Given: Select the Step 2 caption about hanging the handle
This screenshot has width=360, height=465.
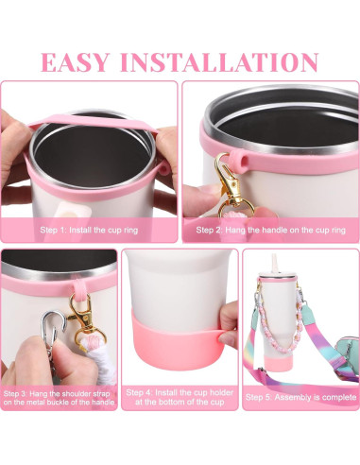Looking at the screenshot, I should [x=270, y=230].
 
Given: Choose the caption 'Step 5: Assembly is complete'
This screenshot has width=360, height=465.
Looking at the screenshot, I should [x=300, y=398].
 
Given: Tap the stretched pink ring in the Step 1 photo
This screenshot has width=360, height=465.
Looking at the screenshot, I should [x=90, y=124].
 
